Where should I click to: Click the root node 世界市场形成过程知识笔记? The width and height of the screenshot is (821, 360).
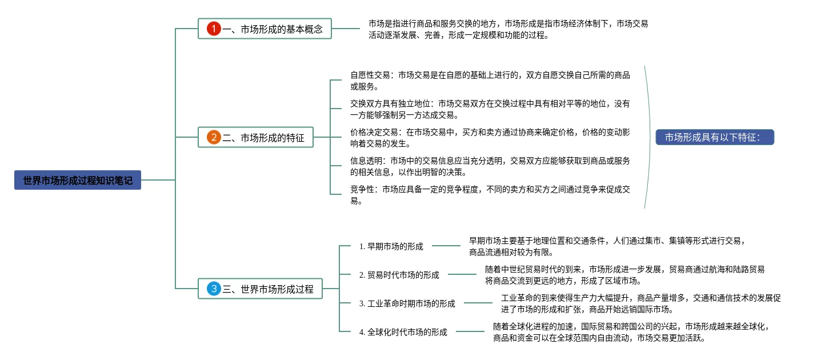tap(78, 181)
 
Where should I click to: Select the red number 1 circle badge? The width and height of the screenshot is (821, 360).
tap(214, 29)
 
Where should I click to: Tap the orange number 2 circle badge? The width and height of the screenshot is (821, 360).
tap(214, 137)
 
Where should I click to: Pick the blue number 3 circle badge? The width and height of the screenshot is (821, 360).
tap(214, 289)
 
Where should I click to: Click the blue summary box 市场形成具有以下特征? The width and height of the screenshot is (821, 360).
tap(715, 137)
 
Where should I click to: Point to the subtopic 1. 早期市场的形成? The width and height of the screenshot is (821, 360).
tap(391, 246)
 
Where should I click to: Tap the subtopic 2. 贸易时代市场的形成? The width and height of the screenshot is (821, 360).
tap(399, 275)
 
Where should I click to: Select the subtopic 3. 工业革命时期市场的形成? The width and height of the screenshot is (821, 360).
tap(407, 303)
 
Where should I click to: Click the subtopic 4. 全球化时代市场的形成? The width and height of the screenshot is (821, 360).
tap(403, 332)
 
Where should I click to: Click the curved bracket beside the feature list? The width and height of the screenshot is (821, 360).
tap(648, 137)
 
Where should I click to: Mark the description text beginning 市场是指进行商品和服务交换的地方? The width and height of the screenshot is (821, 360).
tap(508, 29)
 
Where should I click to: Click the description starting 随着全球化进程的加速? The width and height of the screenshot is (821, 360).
tap(631, 332)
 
